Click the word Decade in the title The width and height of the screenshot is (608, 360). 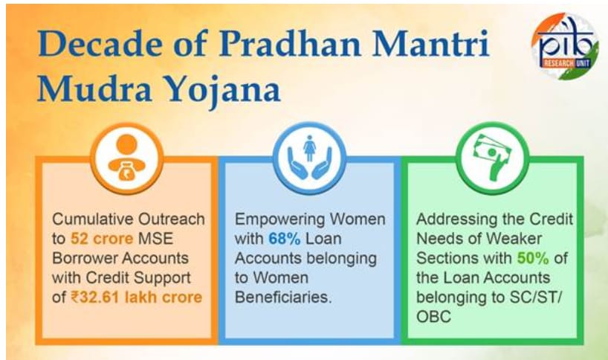pos(101,43)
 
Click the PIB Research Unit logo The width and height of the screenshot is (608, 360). pos(564,46)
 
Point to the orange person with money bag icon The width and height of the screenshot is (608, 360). pos(127,158)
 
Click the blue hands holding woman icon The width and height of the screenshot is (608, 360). pos(309,158)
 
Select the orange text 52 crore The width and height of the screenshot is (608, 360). pos(102,239)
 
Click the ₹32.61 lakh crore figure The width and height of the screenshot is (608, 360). pos(137,298)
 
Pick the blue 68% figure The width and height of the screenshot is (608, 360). pos(284,239)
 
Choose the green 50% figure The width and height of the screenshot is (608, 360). pos(533,258)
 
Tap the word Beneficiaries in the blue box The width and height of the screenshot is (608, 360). pos(283,298)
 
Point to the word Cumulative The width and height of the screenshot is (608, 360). pos(93,219)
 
